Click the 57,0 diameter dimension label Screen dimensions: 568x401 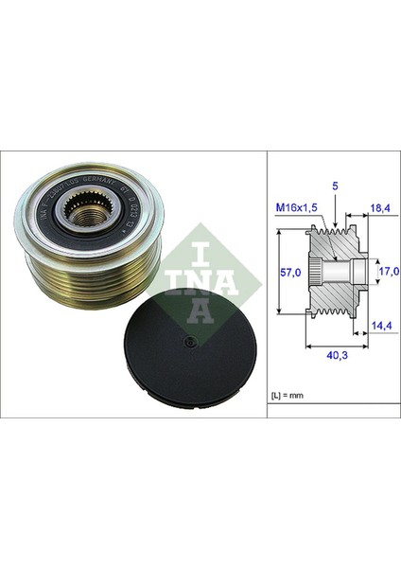coord(293,273)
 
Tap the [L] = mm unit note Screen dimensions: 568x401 coord(287,390)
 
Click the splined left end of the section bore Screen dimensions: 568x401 coord(318,273)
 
